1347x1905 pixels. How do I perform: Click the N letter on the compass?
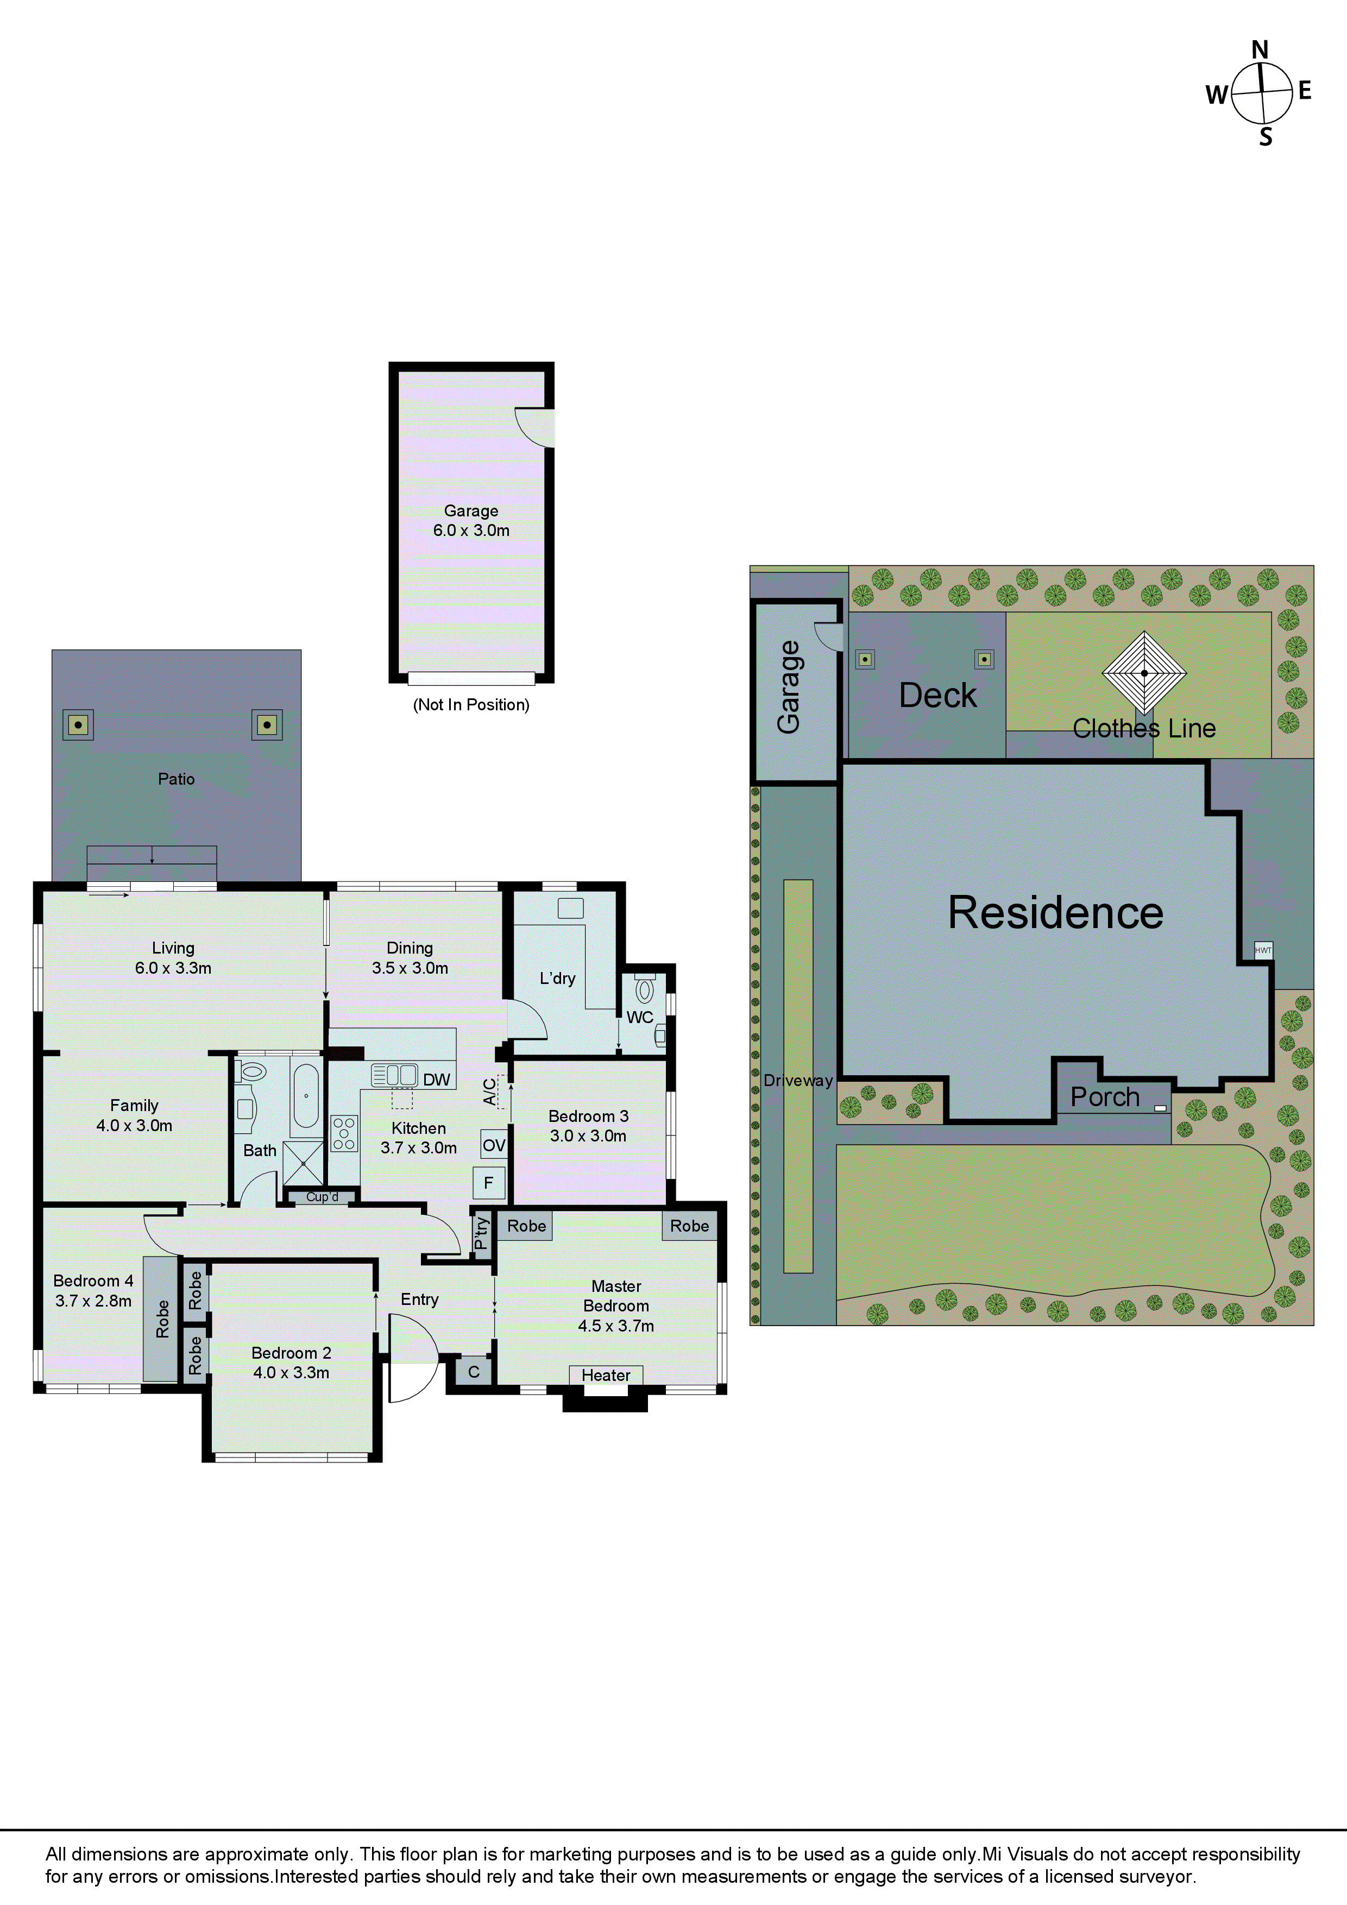point(1260,50)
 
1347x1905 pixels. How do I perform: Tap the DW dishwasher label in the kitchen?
point(436,1080)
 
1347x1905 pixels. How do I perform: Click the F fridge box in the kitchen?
point(489,1182)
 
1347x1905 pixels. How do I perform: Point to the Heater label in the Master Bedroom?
point(606,1375)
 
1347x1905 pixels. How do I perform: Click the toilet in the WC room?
point(644,990)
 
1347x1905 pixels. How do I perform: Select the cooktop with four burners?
point(344,1133)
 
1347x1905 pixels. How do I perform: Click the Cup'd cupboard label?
point(322,1196)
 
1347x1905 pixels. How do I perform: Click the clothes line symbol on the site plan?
point(1144,673)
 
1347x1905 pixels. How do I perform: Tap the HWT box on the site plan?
point(1263,950)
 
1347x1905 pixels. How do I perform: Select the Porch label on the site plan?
point(1105,1097)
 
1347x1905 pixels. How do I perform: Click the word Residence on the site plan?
point(1056,913)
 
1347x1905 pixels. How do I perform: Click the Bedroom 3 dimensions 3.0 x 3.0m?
point(588,1136)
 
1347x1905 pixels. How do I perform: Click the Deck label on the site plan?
point(938,695)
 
